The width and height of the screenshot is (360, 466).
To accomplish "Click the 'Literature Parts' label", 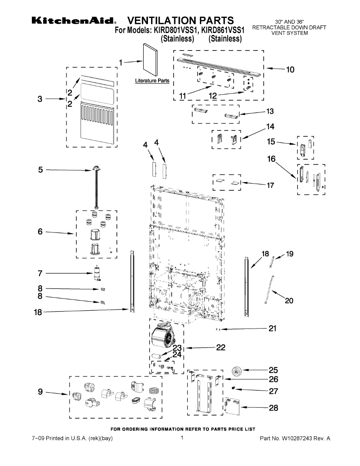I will tap(152, 81).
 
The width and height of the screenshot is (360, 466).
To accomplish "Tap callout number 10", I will tap(290, 70).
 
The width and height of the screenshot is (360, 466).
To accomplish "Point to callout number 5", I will tap(41, 169).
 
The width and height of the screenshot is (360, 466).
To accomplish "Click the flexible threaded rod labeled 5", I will tap(96, 186).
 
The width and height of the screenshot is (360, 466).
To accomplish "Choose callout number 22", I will tap(220, 347).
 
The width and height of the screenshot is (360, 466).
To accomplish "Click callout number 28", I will tap(273, 408).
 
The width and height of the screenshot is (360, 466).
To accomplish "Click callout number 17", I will tap(270, 185).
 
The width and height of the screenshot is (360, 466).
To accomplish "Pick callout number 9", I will tap(40, 392).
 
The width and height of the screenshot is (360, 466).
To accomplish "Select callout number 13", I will tap(270, 111).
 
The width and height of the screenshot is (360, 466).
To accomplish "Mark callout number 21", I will tap(273, 329).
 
